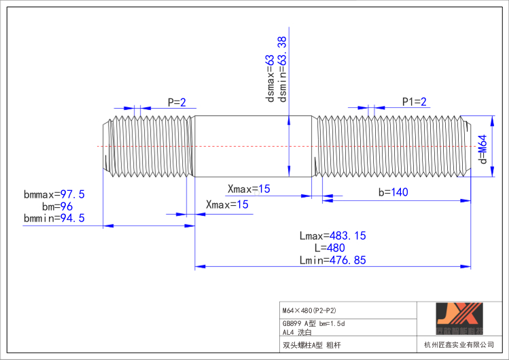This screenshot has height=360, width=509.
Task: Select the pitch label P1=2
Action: tap(414, 102)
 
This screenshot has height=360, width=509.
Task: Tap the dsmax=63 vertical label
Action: tap(270, 79)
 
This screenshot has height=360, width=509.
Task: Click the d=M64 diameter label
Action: tap(483, 149)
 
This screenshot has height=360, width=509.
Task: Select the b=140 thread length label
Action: tap(393, 192)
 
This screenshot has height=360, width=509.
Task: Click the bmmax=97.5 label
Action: tap(54, 194)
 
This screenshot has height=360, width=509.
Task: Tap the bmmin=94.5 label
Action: tap(54, 218)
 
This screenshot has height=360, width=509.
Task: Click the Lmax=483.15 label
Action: tap(332, 236)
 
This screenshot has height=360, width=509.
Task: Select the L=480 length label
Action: tap(333, 247)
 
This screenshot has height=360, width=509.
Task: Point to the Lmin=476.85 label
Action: tap(332, 259)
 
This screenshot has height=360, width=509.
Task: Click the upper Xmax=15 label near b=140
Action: tap(248, 189)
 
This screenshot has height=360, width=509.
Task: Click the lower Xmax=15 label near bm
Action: tap(226, 204)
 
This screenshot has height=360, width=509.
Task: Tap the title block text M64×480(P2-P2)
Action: tap(309, 310)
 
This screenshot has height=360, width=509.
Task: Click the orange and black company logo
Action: tap(459, 318)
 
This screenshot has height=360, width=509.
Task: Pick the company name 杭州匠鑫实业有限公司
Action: tap(459, 345)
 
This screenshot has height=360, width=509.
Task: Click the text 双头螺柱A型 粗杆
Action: tap(312, 345)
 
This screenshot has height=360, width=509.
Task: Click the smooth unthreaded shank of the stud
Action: tap(251, 146)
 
